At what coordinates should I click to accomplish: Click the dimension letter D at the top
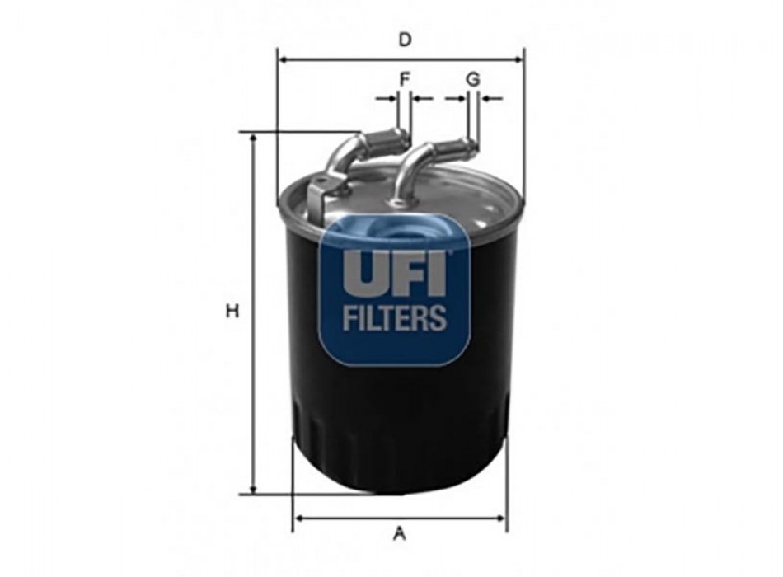(405, 40)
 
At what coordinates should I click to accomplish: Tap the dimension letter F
(405, 79)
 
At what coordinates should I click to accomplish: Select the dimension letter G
(472, 79)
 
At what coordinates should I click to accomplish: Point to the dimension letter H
(232, 312)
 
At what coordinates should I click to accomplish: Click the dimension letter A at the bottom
(399, 533)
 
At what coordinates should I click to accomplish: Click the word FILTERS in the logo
(395, 317)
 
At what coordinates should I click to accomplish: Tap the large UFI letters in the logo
(393, 272)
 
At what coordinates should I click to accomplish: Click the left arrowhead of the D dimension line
(284, 60)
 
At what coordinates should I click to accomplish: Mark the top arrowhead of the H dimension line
(254, 140)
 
